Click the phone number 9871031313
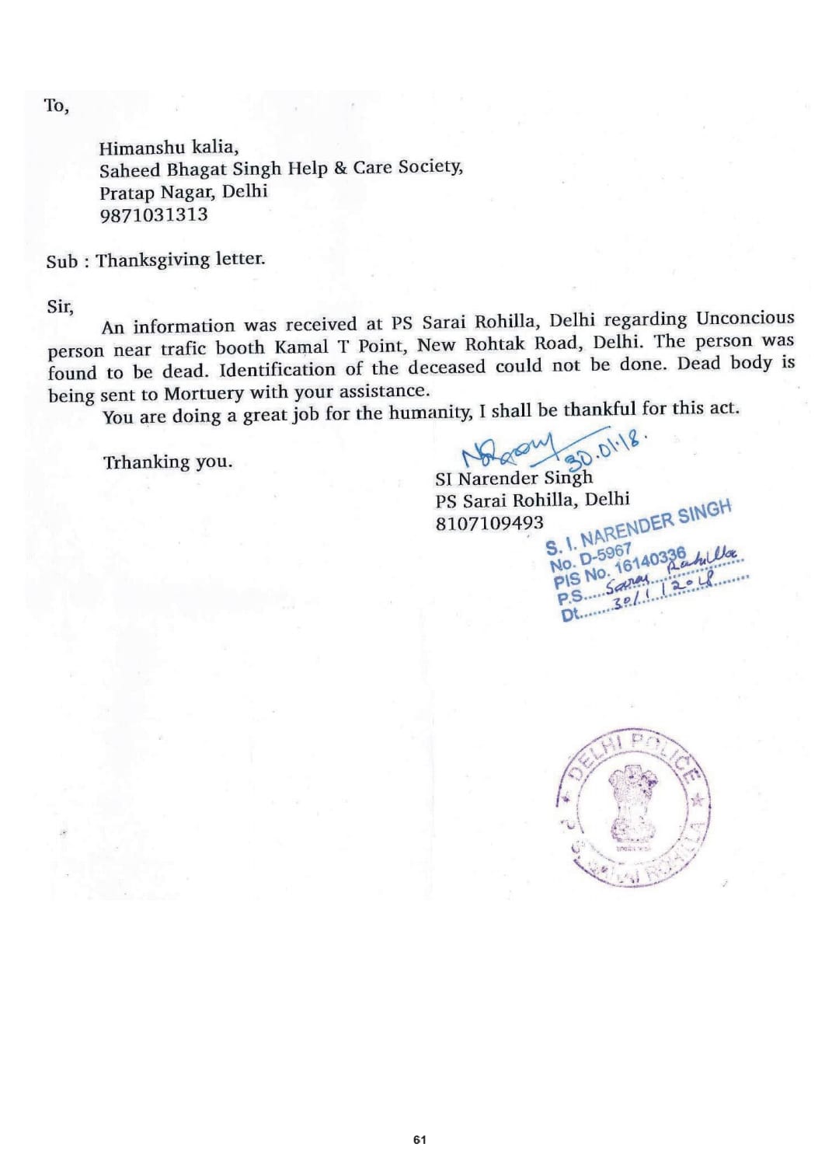[154, 214]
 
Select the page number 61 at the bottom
[419, 1140]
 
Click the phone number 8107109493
[489, 523]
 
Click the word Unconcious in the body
[744, 319]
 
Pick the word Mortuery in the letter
[204, 393]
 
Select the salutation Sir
[60, 305]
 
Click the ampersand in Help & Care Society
[339, 168]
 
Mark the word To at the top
[56, 106]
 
